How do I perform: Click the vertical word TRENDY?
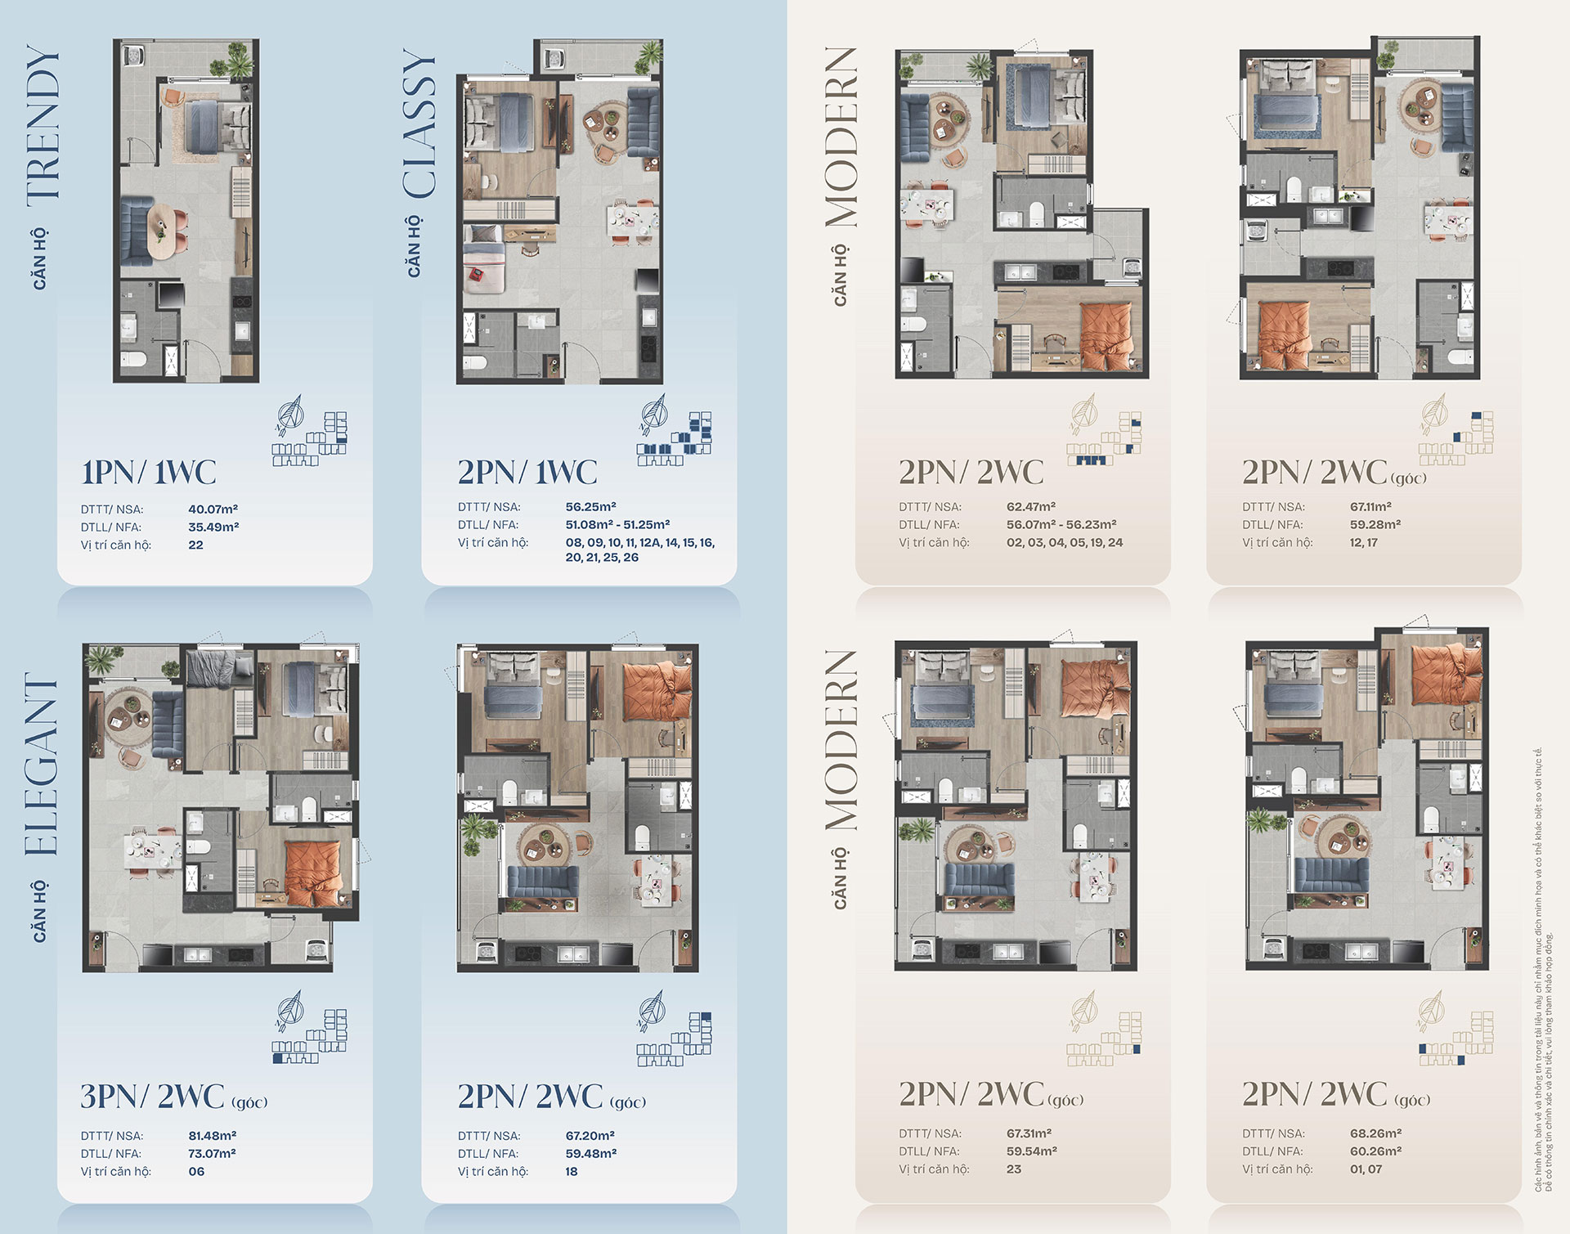click(43, 123)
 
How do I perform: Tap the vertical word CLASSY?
click(419, 123)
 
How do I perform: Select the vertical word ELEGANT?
click(42, 765)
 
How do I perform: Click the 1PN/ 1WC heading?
click(149, 472)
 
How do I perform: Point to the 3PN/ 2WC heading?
click(152, 1097)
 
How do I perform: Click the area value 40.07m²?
click(213, 509)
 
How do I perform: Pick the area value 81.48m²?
click(213, 1136)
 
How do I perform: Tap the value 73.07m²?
click(213, 1154)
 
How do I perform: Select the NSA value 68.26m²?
click(1376, 1133)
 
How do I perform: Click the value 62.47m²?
click(1031, 507)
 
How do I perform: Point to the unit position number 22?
click(195, 545)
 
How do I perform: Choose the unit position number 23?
click(1014, 1169)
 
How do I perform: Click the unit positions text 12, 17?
click(1364, 543)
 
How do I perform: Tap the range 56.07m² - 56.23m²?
click(1061, 525)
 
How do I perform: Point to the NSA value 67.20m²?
click(590, 1136)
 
